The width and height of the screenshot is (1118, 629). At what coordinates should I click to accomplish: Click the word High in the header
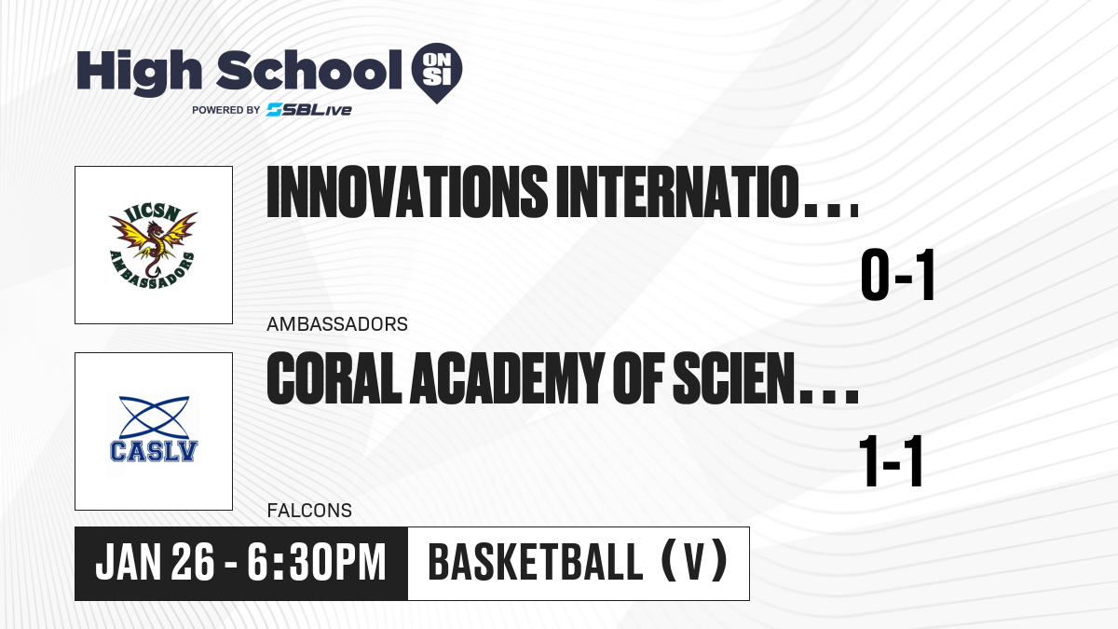coord(139,73)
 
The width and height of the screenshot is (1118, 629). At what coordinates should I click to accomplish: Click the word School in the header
coord(309,70)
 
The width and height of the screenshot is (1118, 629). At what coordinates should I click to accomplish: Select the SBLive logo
coord(309,109)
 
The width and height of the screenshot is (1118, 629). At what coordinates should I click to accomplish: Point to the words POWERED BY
coord(226,110)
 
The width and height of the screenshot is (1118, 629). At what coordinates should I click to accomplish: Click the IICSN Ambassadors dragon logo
coord(153,246)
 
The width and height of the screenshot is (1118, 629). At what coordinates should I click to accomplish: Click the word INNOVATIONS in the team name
coord(407,192)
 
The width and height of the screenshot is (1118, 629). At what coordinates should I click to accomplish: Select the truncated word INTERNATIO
coord(678,192)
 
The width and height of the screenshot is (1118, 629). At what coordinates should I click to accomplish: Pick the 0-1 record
coord(897,275)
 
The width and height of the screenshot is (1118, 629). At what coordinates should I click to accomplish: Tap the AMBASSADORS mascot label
coord(337,324)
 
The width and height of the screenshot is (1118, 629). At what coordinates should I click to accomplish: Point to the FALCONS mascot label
coord(309,511)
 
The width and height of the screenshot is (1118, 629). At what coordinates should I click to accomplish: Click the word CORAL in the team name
coord(334,378)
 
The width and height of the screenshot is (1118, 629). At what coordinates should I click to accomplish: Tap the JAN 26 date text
coord(155,562)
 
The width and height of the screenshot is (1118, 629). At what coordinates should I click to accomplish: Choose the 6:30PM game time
coord(317,562)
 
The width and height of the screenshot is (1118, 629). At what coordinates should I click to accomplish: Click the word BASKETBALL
coord(535,562)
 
